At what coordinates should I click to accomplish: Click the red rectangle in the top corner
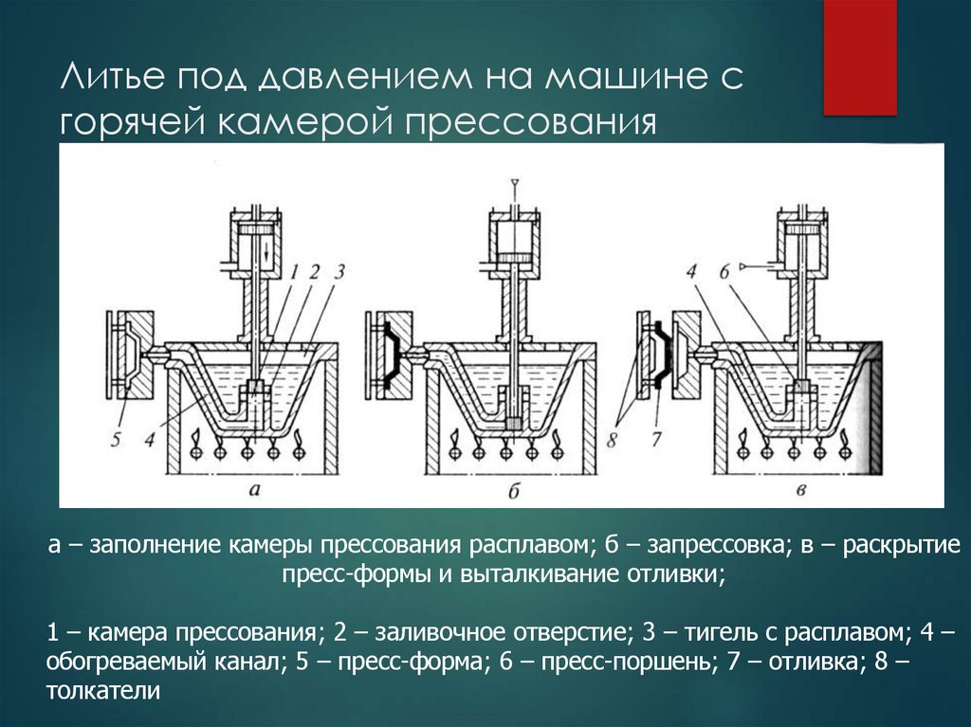click(859, 57)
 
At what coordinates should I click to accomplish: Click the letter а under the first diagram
click(252, 490)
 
